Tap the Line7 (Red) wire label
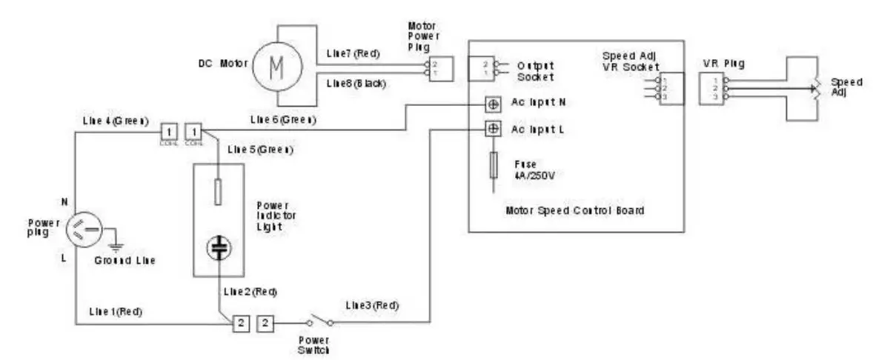click(x=352, y=55)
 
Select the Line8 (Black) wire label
click(x=356, y=83)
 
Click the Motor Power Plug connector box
click(x=437, y=69)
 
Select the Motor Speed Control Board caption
click(x=574, y=210)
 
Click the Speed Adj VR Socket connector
click(x=671, y=88)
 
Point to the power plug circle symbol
click(x=87, y=229)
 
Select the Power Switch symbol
click(x=319, y=322)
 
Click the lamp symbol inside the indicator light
click(x=217, y=247)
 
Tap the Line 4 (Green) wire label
click(x=112, y=120)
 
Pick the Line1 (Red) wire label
click(x=115, y=311)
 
